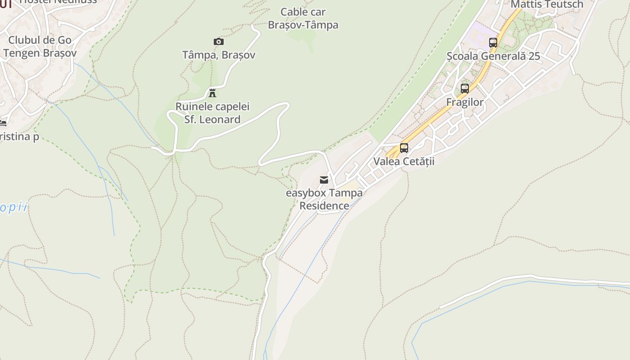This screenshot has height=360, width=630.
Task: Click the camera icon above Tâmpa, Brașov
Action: click(219, 42)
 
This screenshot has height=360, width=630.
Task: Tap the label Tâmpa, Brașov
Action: click(219, 55)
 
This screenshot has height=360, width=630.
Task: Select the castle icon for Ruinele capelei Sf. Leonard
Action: click(212, 93)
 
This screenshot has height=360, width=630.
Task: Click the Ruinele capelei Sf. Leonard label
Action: click(212, 113)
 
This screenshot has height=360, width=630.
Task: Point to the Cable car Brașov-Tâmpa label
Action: click(303, 18)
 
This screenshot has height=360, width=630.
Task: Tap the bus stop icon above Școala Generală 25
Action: click(493, 43)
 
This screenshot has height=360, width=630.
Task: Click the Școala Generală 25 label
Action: click(493, 56)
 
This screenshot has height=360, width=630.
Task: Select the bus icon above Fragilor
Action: click(465, 89)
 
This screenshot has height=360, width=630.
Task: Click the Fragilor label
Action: click(465, 102)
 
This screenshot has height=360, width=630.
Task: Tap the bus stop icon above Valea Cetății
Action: click(404, 148)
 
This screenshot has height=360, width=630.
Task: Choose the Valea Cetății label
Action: click(404, 161)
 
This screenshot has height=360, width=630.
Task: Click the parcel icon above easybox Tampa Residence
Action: click(324, 180)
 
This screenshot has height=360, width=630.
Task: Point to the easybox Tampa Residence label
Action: click(324, 199)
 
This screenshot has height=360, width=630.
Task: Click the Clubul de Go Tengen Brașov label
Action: click(40, 46)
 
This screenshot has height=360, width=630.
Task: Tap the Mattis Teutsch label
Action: click(547, 4)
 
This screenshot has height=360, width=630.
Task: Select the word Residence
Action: click(324, 206)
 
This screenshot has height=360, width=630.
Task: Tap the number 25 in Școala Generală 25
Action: click(534, 56)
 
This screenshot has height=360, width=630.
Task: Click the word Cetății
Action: click(418, 161)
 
